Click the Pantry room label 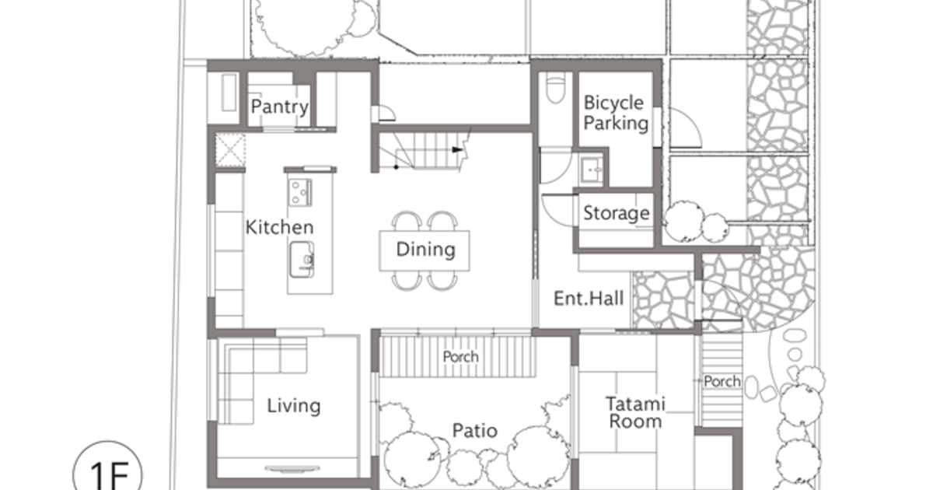[x=279, y=107]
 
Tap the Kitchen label [x=279, y=227]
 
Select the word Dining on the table [x=426, y=250]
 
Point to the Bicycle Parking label [x=616, y=113]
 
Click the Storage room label [x=617, y=213]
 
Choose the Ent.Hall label [x=589, y=299]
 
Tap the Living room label [x=294, y=406]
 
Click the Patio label [x=475, y=431]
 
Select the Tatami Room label [x=635, y=412]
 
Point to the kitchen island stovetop [x=300, y=192]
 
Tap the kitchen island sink [x=302, y=260]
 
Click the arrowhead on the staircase [x=457, y=149]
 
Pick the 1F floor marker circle [x=107, y=465]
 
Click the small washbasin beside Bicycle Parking [x=592, y=170]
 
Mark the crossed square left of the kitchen [x=230, y=149]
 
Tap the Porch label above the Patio [x=460, y=357]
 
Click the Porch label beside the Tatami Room [x=722, y=381]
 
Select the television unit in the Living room [x=292, y=469]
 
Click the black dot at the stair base [x=396, y=167]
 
